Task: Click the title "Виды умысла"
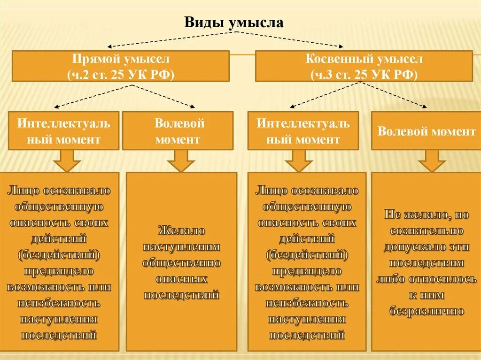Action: click(233, 22)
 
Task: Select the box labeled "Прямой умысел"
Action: click(120, 66)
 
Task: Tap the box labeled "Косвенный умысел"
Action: click(364, 66)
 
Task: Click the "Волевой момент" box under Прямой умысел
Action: click(178, 131)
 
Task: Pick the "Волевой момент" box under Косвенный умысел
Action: click(426, 131)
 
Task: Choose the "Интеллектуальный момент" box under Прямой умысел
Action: click(64, 131)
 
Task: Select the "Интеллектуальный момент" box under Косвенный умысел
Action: click(303, 131)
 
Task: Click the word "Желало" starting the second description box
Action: click(181, 231)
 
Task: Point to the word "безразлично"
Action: click(427, 311)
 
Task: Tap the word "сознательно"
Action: click(427, 231)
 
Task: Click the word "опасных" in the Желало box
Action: click(181, 279)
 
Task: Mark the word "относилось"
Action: click(444, 279)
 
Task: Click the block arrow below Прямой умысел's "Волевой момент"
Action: click(180, 161)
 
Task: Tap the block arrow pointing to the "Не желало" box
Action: click(431, 161)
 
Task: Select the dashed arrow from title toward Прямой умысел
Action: click(174, 39)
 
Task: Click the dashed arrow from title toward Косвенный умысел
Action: click(291, 39)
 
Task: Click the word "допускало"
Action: click(406, 247)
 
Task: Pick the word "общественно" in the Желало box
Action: click(181, 263)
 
